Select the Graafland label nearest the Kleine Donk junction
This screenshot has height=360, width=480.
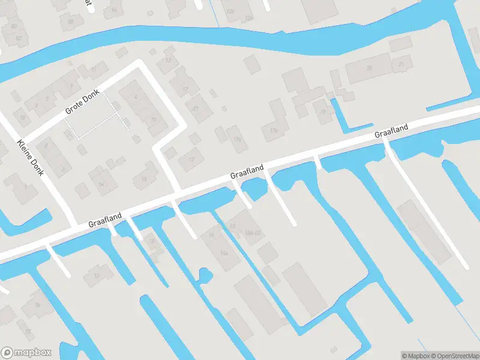pyautogui.click(x=105, y=219)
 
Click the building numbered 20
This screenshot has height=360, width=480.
pyautogui.click(x=370, y=68)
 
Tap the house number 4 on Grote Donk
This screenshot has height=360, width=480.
pyautogui.click(x=136, y=96)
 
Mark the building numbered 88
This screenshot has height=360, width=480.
pyautogui.click(x=71, y=22)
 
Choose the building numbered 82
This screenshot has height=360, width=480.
pyautogui.click(x=18, y=38)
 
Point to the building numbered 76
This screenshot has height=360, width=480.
pyautogui.click(x=37, y=305)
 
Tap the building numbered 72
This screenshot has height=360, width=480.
pyautogui.click(x=28, y=331)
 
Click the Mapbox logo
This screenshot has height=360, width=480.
pyautogui.click(x=26, y=353)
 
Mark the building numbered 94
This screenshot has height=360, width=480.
pyautogui.click(x=114, y=10)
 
